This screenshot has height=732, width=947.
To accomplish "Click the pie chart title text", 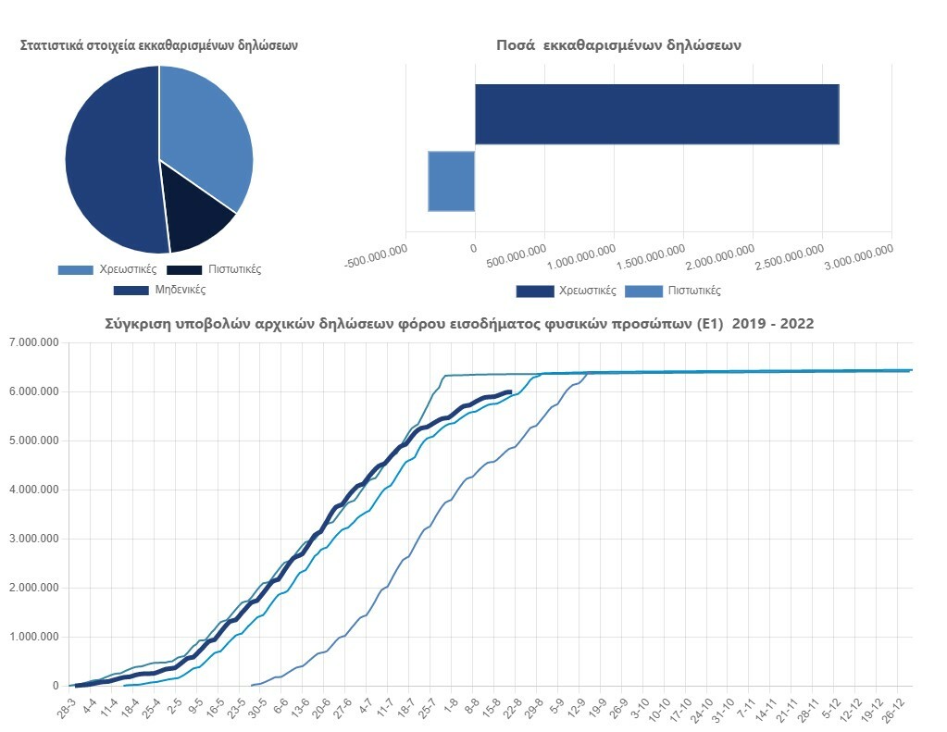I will tap(159, 44).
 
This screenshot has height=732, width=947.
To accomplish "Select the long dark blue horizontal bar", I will tap(656, 114).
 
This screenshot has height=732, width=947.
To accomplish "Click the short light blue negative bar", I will tap(451, 181).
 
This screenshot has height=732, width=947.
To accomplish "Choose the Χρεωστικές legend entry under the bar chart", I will tap(567, 291).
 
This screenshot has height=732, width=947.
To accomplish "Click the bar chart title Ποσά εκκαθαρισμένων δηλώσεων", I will tap(618, 44).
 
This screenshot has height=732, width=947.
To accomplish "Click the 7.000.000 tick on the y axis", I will tap(34, 342).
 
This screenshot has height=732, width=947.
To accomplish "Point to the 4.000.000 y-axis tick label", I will tap(34, 490).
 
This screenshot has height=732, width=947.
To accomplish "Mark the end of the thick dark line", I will tap(511, 391).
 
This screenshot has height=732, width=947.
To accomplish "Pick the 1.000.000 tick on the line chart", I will tap(34, 637).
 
